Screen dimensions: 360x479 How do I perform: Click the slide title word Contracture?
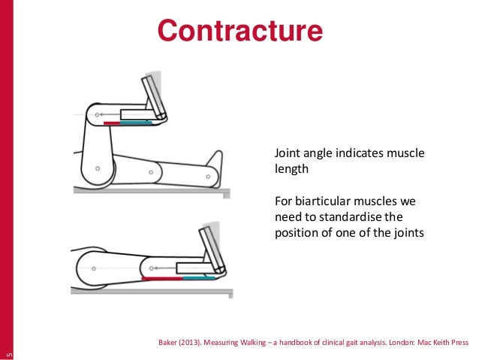(239, 32)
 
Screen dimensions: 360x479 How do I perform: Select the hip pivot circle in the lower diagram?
(91, 265)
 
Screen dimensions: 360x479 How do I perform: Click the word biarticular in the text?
(325, 203)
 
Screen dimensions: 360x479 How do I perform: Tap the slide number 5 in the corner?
(7, 352)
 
